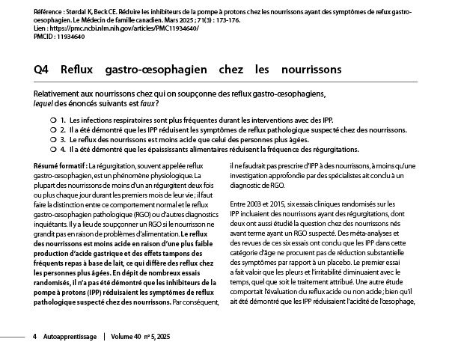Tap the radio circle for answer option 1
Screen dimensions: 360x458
43,120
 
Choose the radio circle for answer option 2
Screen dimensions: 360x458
43,129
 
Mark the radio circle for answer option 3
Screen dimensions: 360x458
43,139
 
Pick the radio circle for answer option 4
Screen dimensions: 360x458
43,149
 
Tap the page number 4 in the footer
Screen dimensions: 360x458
35,337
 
